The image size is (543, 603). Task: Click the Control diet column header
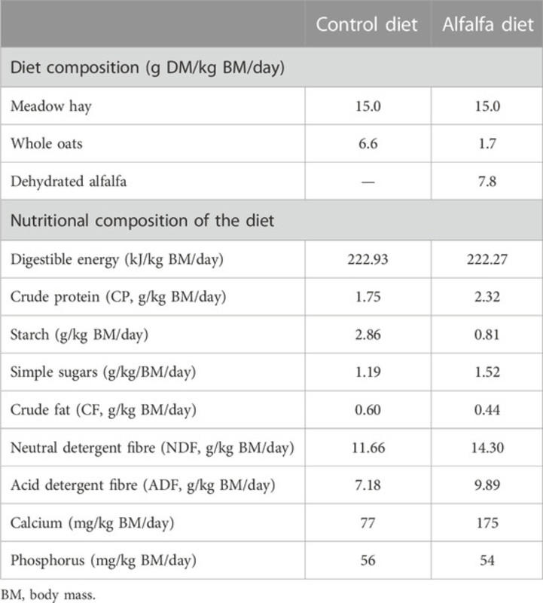click(367, 24)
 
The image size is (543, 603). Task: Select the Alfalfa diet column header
click(487, 24)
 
